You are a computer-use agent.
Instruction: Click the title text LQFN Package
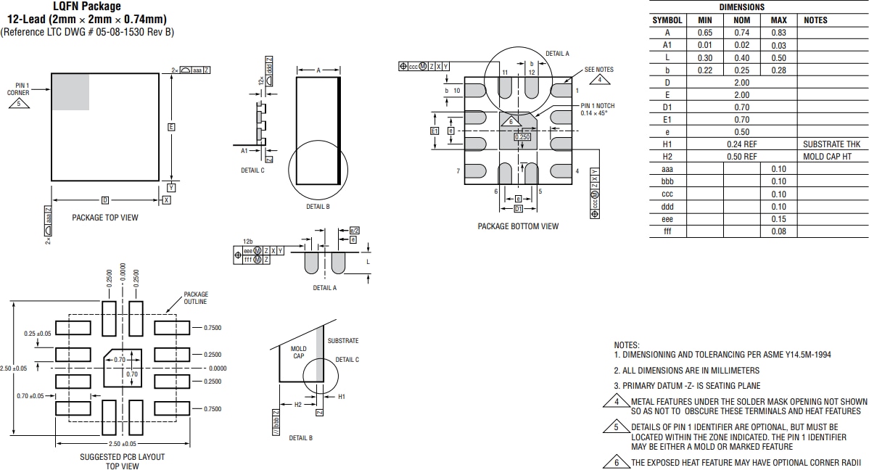point(87,7)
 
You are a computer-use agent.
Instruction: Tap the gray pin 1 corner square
point(70,91)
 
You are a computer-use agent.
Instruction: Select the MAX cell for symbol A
point(778,33)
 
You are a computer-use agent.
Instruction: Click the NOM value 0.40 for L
point(741,58)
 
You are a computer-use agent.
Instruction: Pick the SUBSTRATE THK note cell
point(832,144)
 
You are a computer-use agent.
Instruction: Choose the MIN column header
point(704,20)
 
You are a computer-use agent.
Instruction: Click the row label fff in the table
point(667,231)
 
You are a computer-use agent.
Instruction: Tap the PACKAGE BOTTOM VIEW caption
point(518,226)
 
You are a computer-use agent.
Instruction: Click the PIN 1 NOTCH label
point(597,106)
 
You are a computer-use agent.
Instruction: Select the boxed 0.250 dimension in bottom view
point(522,136)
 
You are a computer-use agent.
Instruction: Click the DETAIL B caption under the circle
point(318,207)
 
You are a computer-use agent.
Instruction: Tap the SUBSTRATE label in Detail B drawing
point(342,341)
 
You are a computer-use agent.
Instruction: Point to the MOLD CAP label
point(299,352)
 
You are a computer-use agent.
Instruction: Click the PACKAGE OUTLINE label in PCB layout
point(195,298)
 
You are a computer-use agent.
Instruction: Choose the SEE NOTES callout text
point(599,70)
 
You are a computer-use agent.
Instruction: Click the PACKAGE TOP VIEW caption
point(104,218)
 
